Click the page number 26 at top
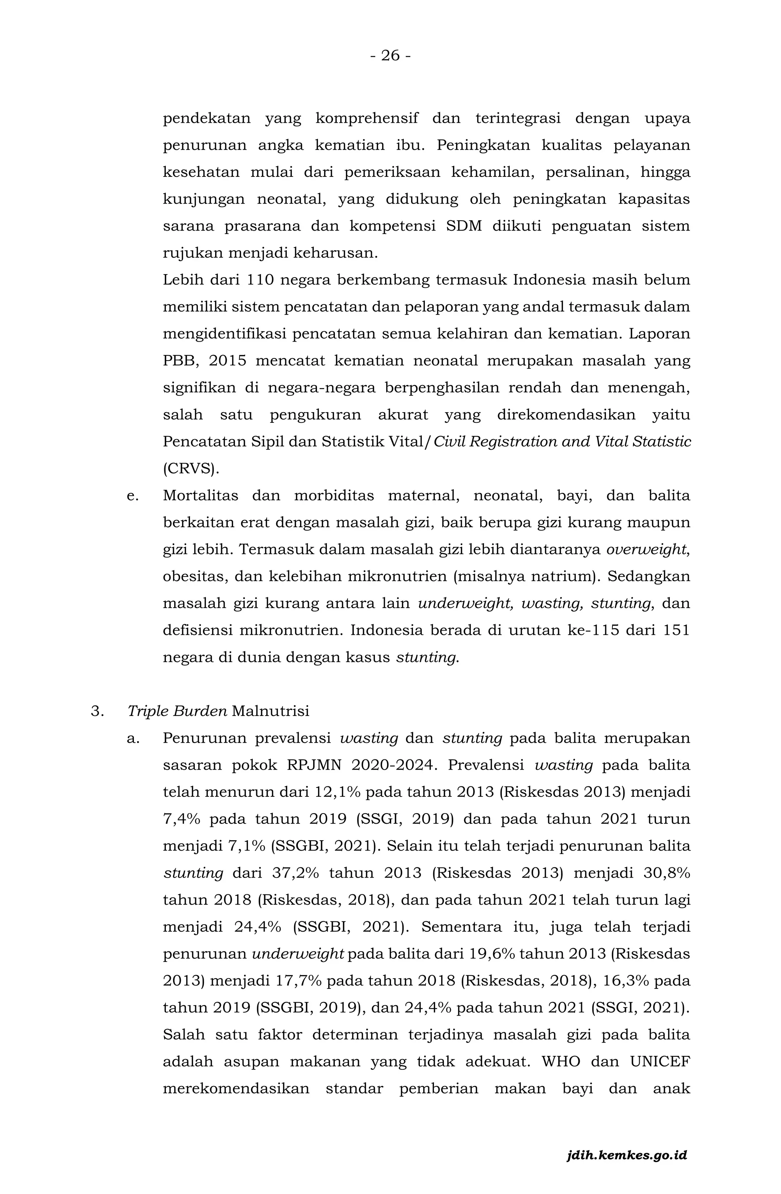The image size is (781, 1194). pyautogui.click(x=390, y=56)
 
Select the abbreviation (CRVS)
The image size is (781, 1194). pyautogui.click(x=191, y=469)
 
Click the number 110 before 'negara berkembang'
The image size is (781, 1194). pyautogui.click(x=260, y=280)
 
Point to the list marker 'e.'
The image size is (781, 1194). pyautogui.click(x=132, y=496)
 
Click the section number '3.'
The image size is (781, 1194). pyautogui.click(x=97, y=711)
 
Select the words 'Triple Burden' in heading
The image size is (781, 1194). pyautogui.click(x=177, y=711)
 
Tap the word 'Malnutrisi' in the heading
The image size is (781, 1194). pyautogui.click(x=270, y=711)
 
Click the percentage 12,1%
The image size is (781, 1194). pyautogui.click(x=338, y=792)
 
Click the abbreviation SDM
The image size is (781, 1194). pyautogui.click(x=463, y=226)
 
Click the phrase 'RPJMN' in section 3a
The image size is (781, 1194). pyautogui.click(x=314, y=766)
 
